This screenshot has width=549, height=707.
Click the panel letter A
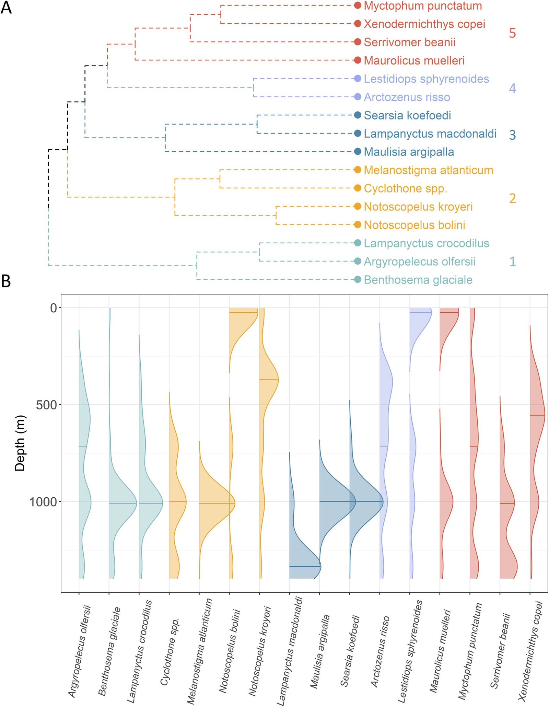[6, 7]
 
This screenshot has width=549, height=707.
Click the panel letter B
[6, 281]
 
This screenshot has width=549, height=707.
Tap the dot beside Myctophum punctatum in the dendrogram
[358, 5]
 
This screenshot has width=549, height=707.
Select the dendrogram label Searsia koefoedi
[407, 115]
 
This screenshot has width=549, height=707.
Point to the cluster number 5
[512, 33]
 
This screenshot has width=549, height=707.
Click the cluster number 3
[512, 135]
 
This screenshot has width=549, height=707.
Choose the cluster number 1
[512, 262]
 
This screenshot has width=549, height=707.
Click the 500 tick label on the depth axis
[46, 405]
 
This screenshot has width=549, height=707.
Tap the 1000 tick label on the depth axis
[43, 502]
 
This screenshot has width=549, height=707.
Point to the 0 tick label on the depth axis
[54, 308]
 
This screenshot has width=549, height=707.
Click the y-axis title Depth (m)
[20, 443]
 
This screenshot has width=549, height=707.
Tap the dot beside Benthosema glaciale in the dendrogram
[358, 280]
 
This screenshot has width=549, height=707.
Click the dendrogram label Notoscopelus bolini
[414, 225]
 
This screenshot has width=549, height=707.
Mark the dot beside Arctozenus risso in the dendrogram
[358, 97]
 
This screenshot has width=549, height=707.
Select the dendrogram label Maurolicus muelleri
[414, 61]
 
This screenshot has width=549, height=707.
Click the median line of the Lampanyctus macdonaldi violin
[305, 566]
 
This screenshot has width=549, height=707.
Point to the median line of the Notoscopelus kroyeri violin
[269, 379]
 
